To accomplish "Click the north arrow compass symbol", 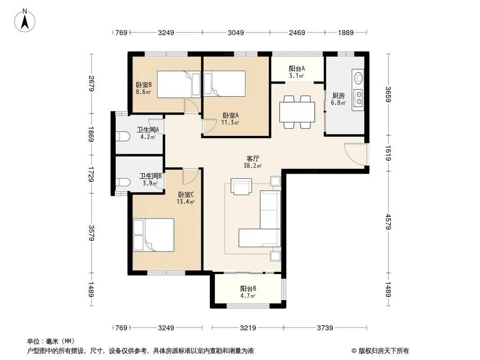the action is (25, 21).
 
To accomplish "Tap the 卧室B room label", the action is (144, 85).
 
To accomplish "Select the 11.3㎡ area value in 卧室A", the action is (230, 122).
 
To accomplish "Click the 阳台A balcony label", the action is (297, 68).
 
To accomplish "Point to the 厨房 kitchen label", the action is (339, 96).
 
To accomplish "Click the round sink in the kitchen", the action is (358, 77).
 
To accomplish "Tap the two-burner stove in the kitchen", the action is (358, 97).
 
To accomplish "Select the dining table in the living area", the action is (297, 112).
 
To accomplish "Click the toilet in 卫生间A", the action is (122, 136).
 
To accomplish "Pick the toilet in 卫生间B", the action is (122, 182).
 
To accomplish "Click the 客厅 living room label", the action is (253, 158).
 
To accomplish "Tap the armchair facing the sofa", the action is (241, 186).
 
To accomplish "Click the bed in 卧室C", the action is (154, 235).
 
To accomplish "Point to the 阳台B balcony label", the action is (248, 288).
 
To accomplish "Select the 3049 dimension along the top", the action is (235, 32).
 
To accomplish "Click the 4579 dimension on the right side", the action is (388, 221).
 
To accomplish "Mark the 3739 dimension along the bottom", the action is (325, 328).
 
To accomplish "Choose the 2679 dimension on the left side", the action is (91, 84).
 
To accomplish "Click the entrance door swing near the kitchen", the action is (355, 154).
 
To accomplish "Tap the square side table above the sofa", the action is (275, 181).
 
